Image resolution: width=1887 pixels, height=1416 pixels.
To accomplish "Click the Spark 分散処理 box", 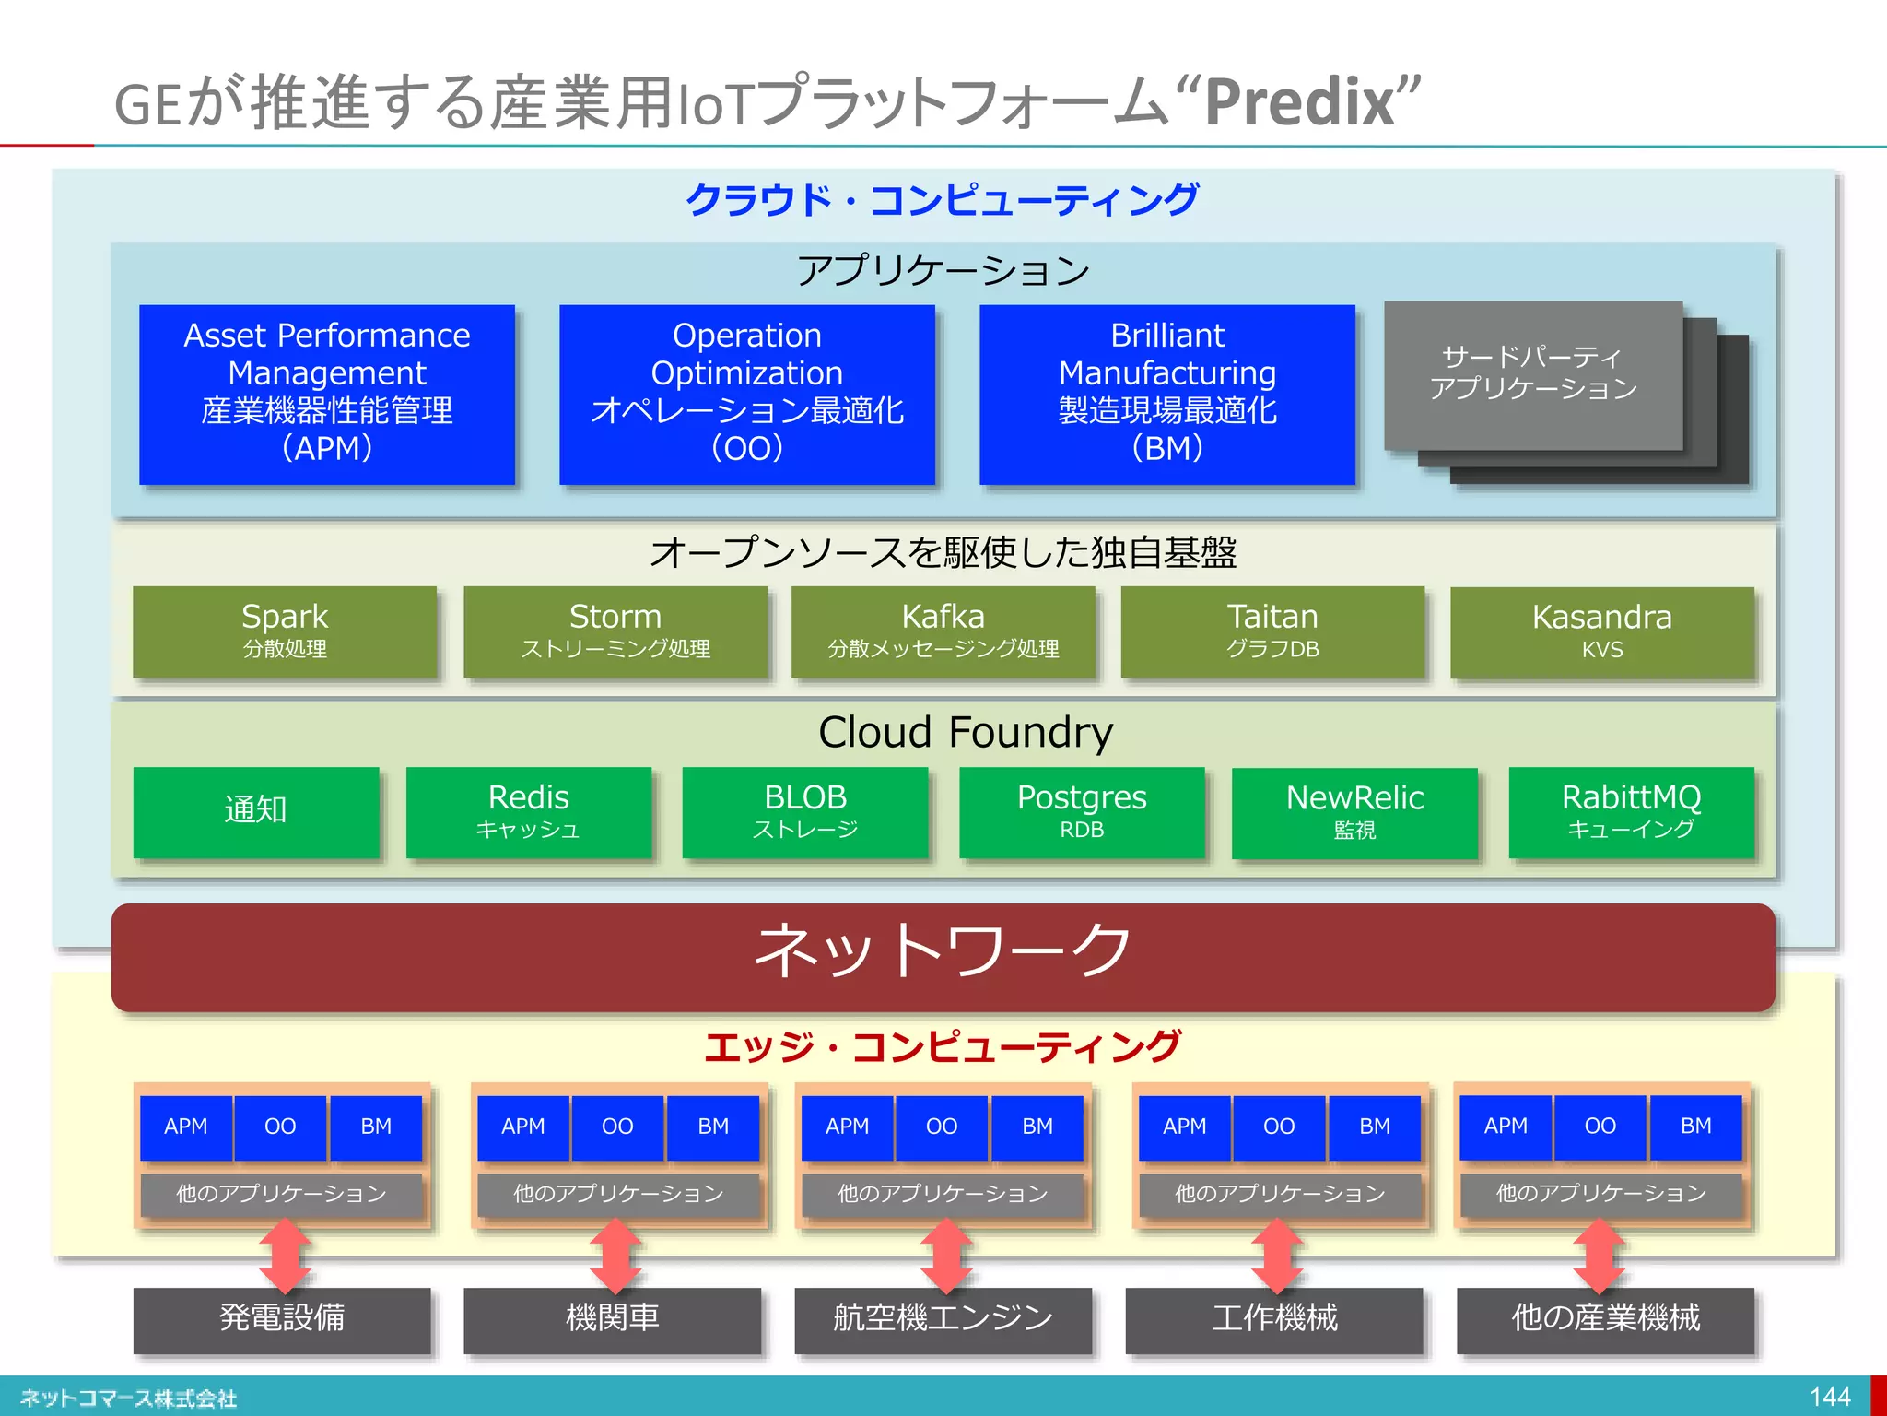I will coord(285,631).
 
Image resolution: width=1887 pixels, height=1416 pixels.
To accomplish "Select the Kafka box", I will coord(943,631).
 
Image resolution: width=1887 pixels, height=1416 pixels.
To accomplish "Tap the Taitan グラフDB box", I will coord(1272,631).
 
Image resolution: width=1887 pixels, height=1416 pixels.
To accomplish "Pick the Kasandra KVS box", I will coord(1601,632).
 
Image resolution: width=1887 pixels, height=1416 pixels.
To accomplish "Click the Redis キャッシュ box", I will coord(528,812).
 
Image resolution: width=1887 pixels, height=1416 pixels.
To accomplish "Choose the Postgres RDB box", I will coord(1082,812).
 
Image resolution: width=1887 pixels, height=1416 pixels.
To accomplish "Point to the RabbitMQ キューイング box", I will coord(1631,812).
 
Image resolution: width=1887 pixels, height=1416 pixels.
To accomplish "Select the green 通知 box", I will coord(256,812).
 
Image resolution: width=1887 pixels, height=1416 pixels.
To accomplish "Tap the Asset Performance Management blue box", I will coord(327,394).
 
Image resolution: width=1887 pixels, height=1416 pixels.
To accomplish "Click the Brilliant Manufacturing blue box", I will coord(1166,394).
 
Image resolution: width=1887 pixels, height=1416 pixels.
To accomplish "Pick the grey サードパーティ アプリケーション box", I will coord(1532,374).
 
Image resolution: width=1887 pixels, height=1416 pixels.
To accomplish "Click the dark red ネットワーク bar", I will coord(943,956).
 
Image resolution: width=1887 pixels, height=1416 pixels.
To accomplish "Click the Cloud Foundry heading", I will coord(965,733).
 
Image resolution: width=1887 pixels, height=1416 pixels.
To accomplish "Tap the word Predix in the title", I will coord(1300,102).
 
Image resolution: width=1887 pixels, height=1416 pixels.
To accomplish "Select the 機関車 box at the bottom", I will coord(612,1319).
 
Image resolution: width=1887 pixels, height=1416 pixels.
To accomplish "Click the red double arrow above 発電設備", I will coord(285,1256).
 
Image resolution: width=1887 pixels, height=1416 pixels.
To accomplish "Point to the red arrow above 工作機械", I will coord(1276,1256).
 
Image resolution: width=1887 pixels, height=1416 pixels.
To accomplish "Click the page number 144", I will coord(1829,1397).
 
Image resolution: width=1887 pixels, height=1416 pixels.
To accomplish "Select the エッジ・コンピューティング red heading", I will coord(942,1047).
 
